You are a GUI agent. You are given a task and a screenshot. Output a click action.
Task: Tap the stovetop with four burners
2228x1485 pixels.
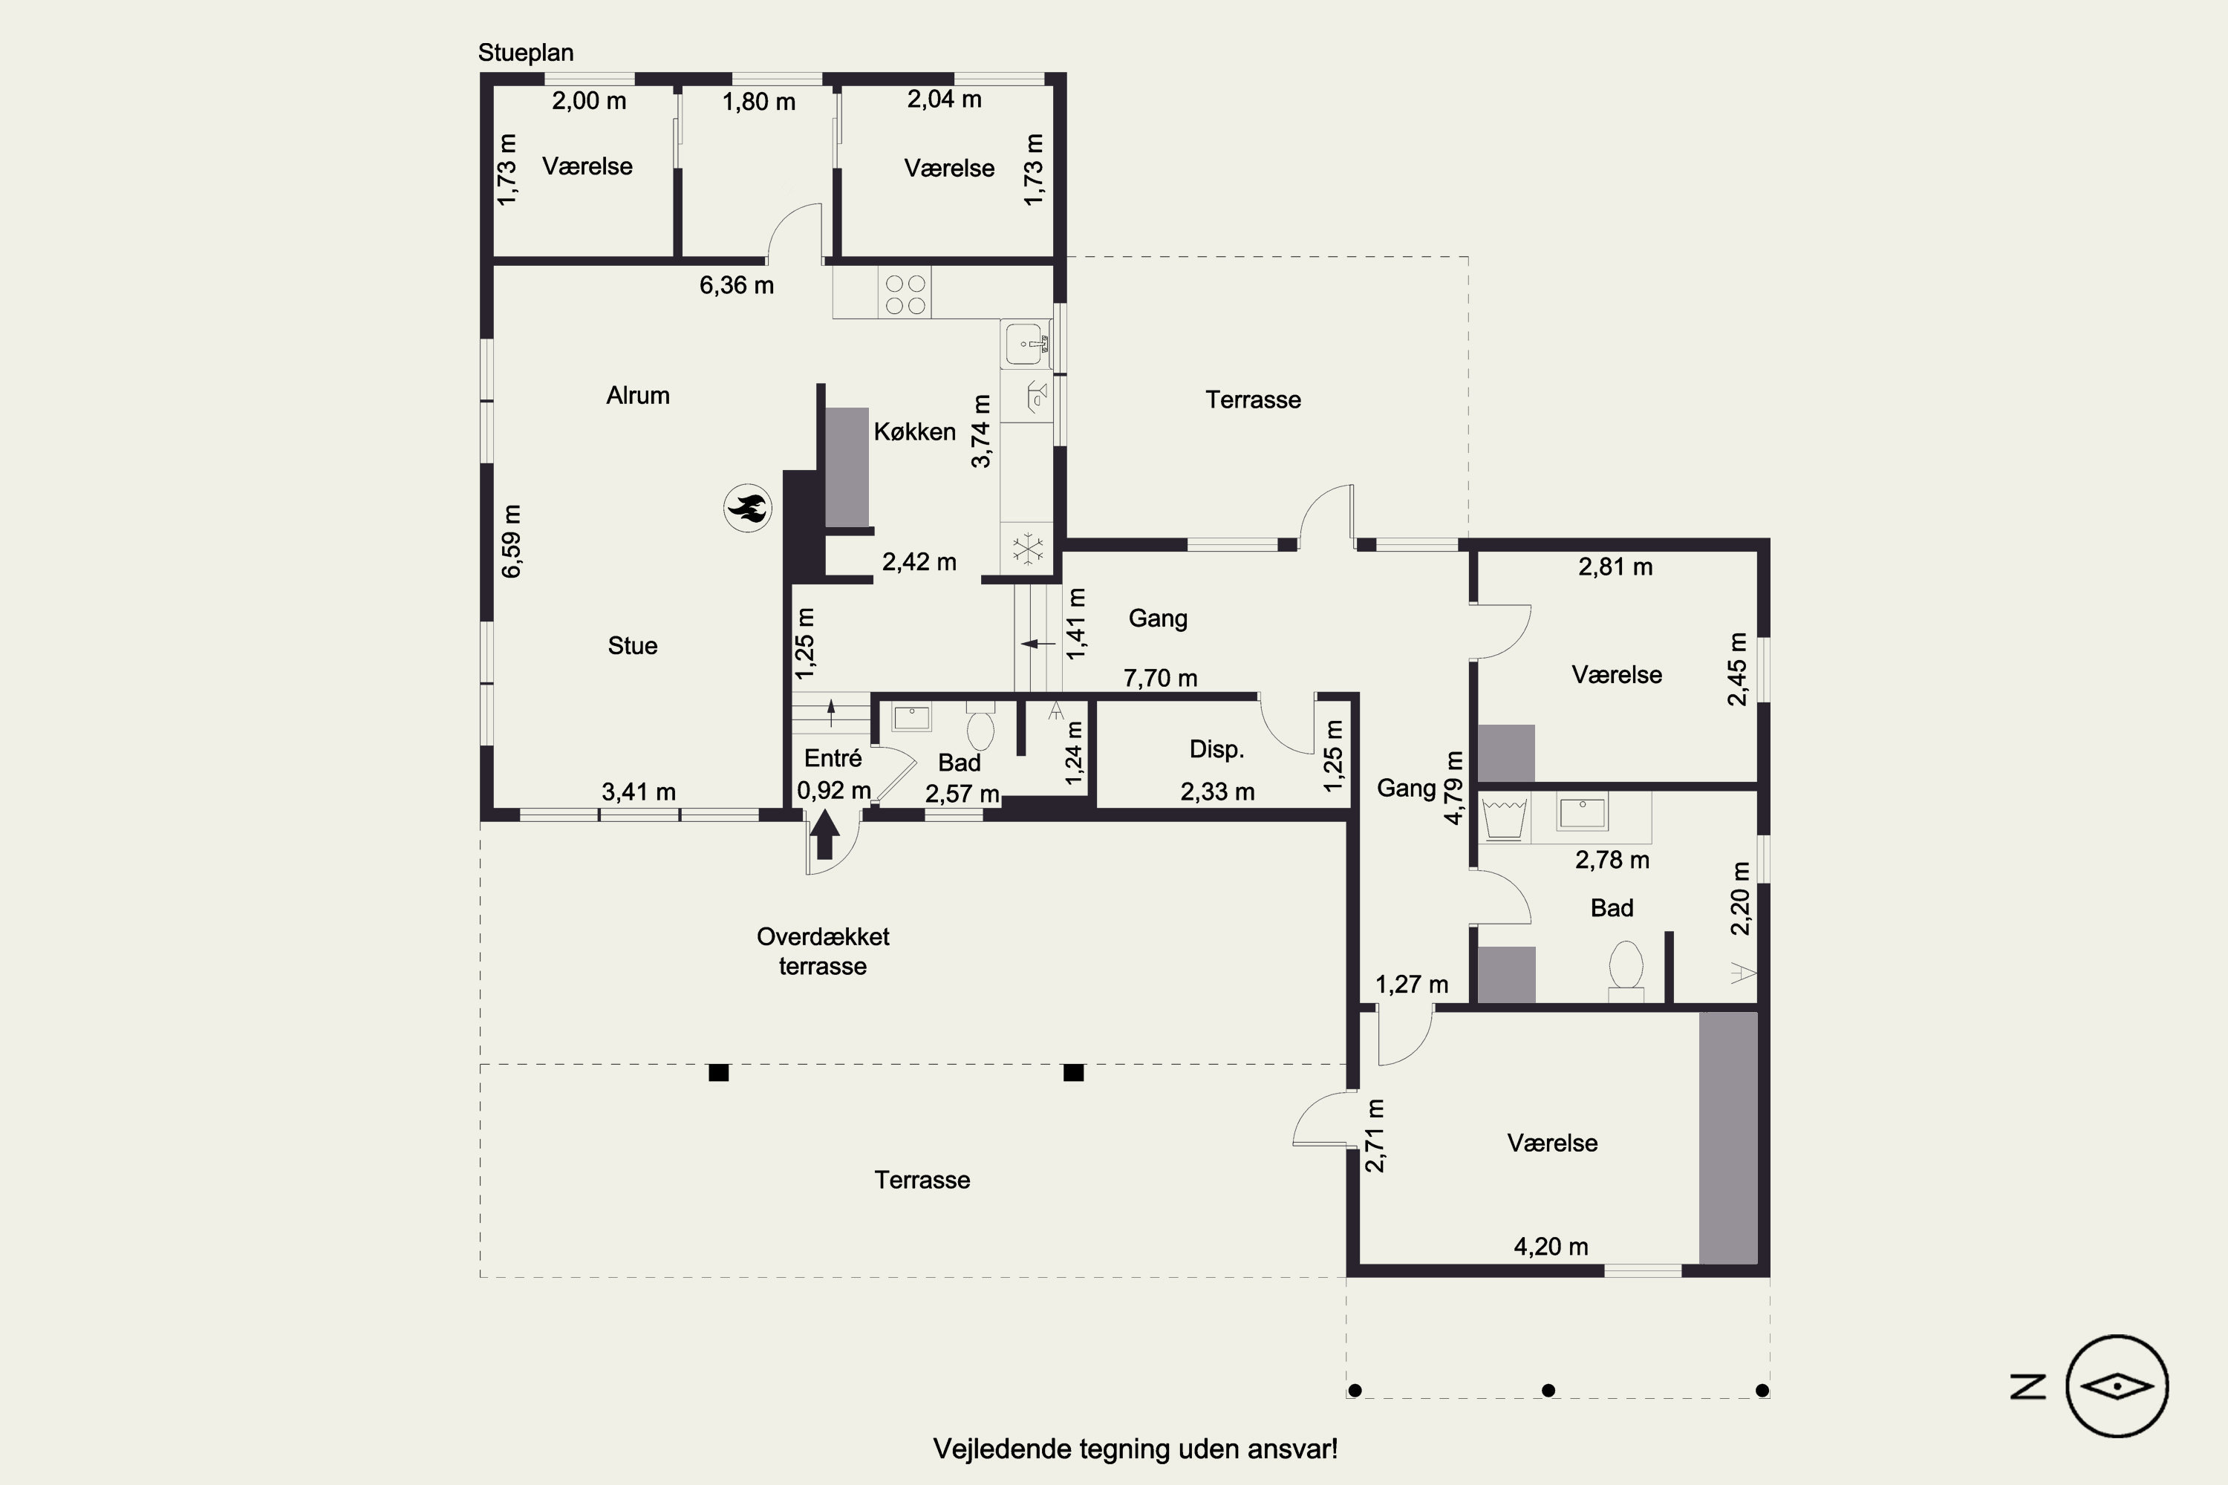click(x=905, y=293)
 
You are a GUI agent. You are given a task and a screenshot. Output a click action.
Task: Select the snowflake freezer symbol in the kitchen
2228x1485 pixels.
click(x=1027, y=549)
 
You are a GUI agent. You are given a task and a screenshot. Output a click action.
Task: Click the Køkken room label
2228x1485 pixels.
click(x=914, y=432)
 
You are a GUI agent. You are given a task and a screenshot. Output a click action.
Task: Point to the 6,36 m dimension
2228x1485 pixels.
click(x=736, y=285)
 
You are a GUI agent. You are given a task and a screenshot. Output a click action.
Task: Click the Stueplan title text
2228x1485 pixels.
click(x=526, y=53)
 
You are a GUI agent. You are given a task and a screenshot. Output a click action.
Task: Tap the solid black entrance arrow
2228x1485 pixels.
click(x=824, y=833)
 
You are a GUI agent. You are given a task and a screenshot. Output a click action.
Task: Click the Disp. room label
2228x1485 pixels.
click(x=1216, y=749)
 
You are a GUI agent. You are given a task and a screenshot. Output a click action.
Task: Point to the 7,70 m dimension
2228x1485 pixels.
click(x=1160, y=678)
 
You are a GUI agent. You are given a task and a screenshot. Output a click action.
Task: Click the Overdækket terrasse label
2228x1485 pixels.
click(x=822, y=951)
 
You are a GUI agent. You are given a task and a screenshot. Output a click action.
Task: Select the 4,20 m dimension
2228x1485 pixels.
click(x=1551, y=1247)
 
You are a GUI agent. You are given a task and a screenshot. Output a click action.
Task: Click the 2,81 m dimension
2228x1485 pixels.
click(x=1615, y=567)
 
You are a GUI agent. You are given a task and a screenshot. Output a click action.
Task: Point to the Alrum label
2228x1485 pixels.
click(x=637, y=395)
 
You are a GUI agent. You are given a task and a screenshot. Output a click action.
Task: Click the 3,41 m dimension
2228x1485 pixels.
click(x=639, y=792)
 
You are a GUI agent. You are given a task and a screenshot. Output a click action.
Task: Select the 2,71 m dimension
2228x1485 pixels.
click(x=1375, y=1135)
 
